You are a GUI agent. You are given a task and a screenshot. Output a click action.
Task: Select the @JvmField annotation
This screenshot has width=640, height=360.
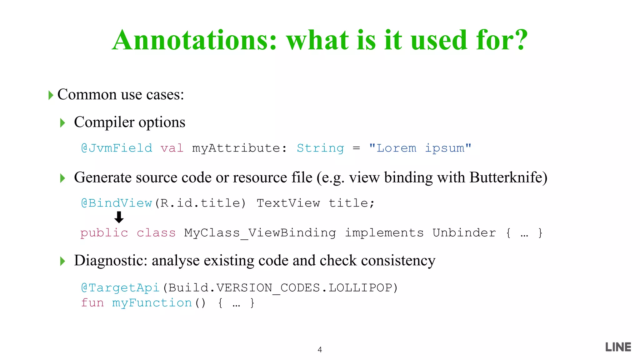117,148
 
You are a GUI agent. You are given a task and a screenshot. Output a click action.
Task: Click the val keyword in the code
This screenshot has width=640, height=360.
172,148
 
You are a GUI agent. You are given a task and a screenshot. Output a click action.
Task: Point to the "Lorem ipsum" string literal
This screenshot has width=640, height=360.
420,148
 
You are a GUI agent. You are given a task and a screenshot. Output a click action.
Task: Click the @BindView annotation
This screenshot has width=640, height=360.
117,203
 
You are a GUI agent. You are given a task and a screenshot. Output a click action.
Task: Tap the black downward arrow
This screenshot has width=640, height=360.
119,217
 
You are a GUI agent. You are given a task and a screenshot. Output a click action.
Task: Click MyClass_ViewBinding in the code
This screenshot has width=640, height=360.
260,233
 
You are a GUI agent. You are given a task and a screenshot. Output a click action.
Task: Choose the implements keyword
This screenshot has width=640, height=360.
384,233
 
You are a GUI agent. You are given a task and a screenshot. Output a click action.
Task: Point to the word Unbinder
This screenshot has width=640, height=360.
464,233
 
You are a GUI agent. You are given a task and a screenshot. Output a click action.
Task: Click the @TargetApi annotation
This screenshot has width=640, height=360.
121,288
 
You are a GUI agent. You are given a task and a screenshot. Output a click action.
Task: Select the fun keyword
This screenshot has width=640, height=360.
92,303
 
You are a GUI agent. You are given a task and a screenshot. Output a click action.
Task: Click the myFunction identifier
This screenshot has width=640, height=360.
152,303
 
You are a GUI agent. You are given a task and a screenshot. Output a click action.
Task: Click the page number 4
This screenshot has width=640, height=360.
320,350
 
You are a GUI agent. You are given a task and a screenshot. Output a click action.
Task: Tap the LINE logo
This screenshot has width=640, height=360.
618,347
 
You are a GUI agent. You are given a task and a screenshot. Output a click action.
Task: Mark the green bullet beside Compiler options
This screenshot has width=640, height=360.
62,123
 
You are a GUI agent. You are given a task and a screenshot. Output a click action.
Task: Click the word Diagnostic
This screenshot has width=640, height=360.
110,261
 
